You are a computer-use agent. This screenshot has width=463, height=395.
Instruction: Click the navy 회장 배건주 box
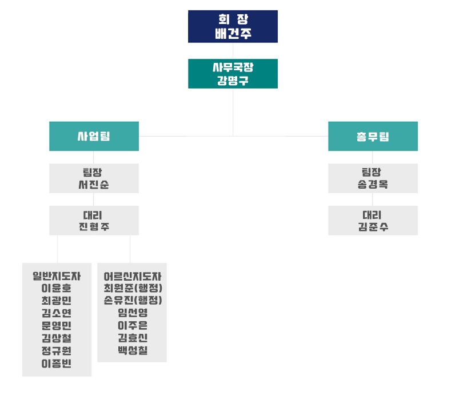tap(233, 26)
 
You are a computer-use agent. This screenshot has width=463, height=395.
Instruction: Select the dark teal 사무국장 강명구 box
tap(233, 74)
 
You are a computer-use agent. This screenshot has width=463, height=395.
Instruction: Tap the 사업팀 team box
tap(94, 136)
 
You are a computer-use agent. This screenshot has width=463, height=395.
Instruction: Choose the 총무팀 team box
tap(373, 136)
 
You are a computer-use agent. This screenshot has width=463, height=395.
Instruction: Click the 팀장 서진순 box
tap(94, 178)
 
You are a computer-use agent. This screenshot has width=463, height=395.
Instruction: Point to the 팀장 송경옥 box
tap(373, 178)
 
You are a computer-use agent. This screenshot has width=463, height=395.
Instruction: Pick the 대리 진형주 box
tap(94, 221)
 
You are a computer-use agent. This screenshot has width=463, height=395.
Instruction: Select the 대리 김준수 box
tap(373, 221)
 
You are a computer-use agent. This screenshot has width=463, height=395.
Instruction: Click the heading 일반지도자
tap(57, 276)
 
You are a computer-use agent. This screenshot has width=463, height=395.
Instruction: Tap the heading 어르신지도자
tap(133, 276)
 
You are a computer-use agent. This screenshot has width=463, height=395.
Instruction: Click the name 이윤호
tap(57, 288)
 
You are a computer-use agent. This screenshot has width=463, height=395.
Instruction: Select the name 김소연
tap(57, 313)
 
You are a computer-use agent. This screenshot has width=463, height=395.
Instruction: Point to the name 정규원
tap(57, 351)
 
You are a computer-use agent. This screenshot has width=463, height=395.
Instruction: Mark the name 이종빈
tap(57, 364)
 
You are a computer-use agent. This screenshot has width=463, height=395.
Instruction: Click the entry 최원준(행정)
tap(133, 288)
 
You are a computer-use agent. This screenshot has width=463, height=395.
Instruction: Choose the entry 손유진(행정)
tap(133, 300)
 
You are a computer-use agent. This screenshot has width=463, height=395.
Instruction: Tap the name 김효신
tap(133, 338)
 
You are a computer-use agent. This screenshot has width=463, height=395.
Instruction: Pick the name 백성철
tap(133, 350)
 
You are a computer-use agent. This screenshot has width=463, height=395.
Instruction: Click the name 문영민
tap(57, 326)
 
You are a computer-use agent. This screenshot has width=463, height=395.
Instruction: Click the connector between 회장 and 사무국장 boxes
tap(233, 51)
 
